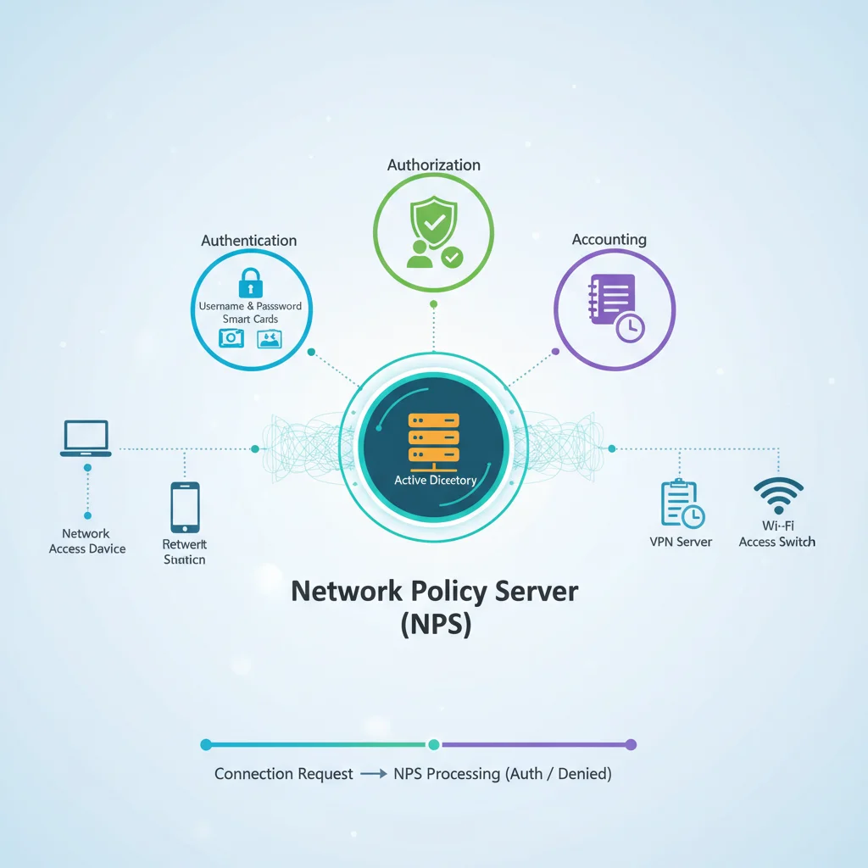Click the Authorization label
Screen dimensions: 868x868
point(433,165)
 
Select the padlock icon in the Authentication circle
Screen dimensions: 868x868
point(250,282)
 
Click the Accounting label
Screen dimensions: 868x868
point(609,240)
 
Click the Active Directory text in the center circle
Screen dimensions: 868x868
point(436,481)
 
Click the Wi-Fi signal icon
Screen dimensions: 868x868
point(777,493)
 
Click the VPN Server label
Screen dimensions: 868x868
point(681,542)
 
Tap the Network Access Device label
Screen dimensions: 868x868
point(86,542)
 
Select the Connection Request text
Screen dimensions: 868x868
point(283,774)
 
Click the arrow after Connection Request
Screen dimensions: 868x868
point(373,774)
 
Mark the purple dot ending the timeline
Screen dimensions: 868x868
point(630,745)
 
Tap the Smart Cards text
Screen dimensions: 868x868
point(250,319)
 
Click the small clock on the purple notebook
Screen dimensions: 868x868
point(630,327)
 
